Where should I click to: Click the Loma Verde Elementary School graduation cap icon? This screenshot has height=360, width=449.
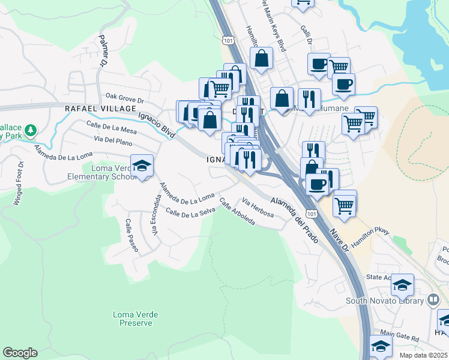click(x=142, y=166)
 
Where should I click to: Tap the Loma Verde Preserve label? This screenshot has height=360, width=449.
click(x=132, y=318)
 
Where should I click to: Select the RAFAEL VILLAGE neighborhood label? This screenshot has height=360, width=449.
click(x=101, y=109)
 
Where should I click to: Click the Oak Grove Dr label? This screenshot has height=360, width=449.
click(x=125, y=97)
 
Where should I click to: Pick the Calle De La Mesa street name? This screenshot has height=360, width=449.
click(x=112, y=126)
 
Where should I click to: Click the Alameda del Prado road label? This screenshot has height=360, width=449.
click(x=292, y=213)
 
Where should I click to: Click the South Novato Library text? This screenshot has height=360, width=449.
click(x=384, y=300)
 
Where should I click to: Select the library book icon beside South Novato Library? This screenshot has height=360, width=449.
click(x=433, y=300)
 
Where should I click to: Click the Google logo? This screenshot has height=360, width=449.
click(x=20, y=353)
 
